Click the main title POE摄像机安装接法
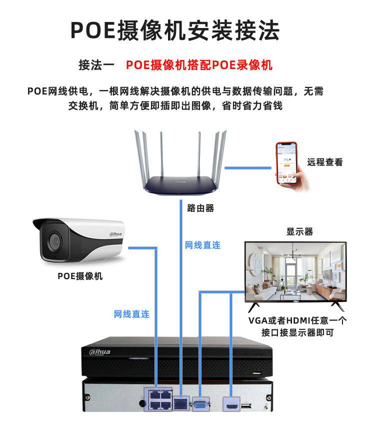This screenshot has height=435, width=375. [x=174, y=30]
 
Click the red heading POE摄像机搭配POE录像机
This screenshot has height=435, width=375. [x=199, y=65]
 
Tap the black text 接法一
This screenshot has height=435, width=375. [x=96, y=65]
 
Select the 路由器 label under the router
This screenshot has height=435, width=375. [x=200, y=208]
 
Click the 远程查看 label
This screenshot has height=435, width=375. [x=325, y=162]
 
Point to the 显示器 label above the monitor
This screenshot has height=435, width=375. [x=299, y=231]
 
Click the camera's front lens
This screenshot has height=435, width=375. [x=52, y=243]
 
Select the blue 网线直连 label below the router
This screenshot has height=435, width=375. [x=202, y=245]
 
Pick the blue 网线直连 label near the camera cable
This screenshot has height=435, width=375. [x=131, y=314]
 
